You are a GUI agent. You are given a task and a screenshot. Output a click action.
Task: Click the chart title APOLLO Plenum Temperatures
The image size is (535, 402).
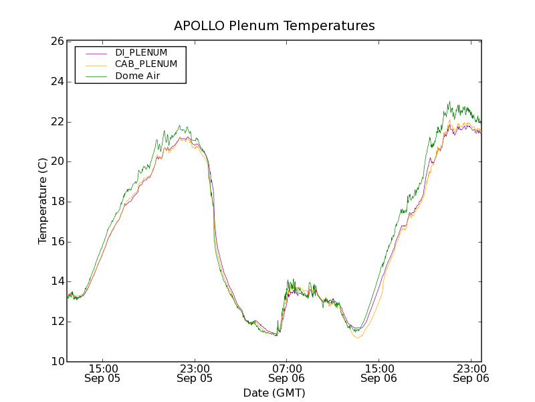click(x=274, y=26)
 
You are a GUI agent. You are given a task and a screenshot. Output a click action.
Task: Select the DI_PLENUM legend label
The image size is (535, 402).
click(x=141, y=52)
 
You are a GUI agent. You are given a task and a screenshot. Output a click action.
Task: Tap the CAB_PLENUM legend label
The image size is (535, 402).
click(x=146, y=64)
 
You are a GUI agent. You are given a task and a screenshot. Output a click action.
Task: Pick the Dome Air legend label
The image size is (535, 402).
click(x=137, y=76)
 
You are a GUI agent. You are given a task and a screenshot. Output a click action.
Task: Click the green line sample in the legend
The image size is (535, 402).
click(x=96, y=76)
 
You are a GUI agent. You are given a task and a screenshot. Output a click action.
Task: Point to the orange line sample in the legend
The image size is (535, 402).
click(x=96, y=64)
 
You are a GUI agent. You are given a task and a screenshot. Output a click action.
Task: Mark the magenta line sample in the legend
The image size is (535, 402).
click(x=96, y=52)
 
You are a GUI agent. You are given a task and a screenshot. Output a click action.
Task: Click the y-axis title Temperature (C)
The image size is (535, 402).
click(x=43, y=201)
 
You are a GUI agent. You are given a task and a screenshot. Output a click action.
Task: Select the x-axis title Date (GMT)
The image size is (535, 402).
click(x=274, y=393)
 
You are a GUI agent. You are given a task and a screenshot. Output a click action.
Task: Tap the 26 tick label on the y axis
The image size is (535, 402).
click(x=56, y=42)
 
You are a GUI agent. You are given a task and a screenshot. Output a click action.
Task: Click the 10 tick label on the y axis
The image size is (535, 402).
click(x=56, y=362)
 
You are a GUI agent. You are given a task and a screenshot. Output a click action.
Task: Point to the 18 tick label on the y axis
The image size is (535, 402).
click(x=56, y=202)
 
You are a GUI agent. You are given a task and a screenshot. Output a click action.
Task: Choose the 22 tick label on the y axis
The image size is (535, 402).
click(x=56, y=122)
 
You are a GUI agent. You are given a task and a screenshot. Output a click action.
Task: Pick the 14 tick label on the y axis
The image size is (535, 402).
click(x=56, y=282)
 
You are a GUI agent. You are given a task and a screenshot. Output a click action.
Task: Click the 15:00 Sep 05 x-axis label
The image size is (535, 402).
click(x=103, y=373)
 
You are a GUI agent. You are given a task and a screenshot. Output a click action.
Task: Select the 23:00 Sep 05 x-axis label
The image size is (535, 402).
click(x=195, y=373)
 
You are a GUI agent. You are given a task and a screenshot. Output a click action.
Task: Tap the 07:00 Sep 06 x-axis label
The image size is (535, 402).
click(x=287, y=373)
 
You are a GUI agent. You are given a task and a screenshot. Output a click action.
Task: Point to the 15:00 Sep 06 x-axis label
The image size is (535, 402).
click(x=379, y=373)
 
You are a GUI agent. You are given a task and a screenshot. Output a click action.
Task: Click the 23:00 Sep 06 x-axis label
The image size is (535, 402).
click(x=471, y=373)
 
